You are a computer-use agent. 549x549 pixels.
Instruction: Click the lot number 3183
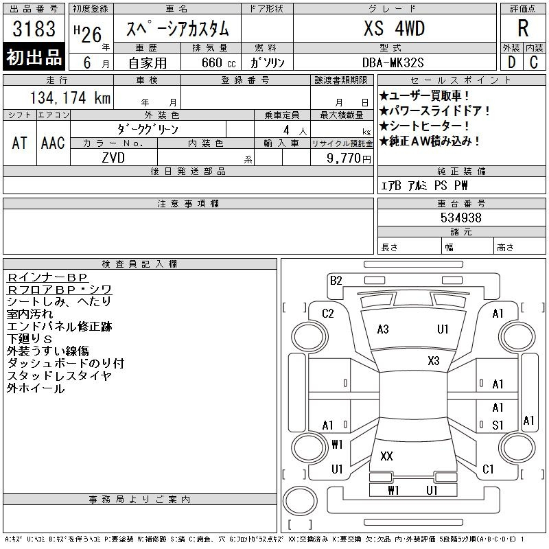(34, 29)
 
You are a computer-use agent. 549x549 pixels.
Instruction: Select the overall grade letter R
(523, 28)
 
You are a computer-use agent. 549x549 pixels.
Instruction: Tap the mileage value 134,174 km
(71, 97)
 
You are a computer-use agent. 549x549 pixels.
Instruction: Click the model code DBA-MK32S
(393, 62)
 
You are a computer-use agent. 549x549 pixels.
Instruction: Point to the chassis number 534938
(460, 218)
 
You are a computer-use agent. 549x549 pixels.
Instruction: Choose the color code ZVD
(113, 158)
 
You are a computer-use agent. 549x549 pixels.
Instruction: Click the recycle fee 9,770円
(349, 159)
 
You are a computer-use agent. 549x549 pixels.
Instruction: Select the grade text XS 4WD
(394, 28)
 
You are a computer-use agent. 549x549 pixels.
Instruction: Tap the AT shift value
(19, 143)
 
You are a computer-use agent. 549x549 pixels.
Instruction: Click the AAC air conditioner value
(53, 143)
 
